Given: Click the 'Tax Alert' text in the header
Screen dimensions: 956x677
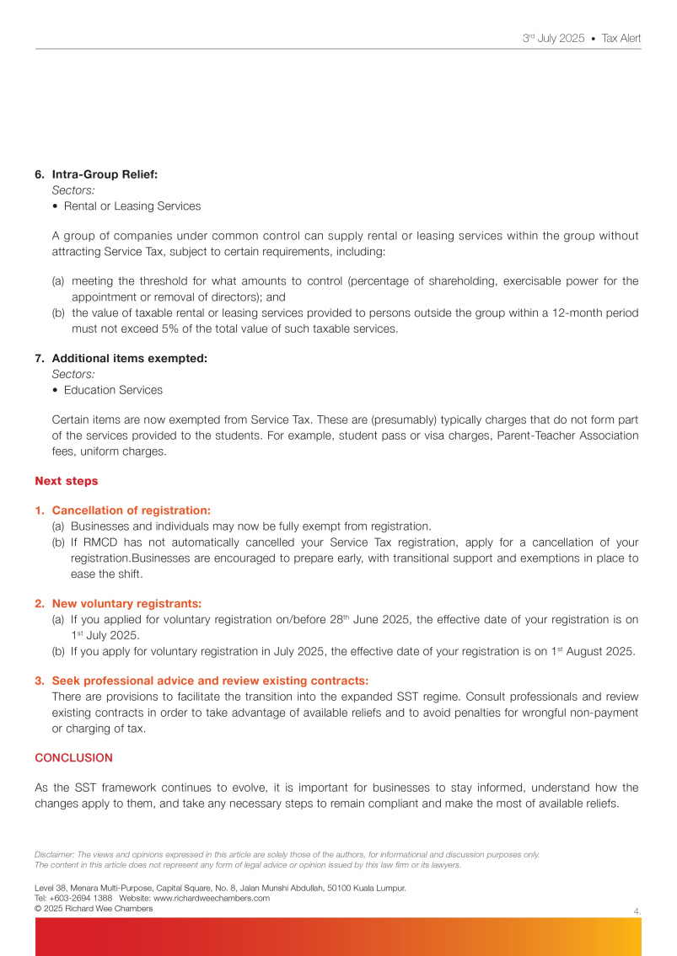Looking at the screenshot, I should (x=621, y=39).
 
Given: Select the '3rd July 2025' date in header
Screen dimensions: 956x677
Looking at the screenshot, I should (x=553, y=39).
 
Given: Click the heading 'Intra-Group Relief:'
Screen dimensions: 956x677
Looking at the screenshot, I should (x=105, y=174).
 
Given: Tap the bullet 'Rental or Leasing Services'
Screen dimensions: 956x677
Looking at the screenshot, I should (x=132, y=206).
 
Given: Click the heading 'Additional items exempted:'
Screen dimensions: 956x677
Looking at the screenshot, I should (x=129, y=358).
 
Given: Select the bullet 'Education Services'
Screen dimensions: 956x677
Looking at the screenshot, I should (x=113, y=390).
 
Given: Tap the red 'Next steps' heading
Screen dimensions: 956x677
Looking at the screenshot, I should (x=67, y=481).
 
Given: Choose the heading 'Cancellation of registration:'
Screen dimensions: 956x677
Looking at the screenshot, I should (x=131, y=510).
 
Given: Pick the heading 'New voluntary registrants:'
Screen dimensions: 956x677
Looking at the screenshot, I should (x=126, y=603).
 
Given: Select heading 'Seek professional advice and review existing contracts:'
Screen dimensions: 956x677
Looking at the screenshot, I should (x=210, y=681).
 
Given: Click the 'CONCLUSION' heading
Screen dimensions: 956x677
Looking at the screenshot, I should (x=73, y=758).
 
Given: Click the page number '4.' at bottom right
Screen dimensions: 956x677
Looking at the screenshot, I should (x=637, y=910).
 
